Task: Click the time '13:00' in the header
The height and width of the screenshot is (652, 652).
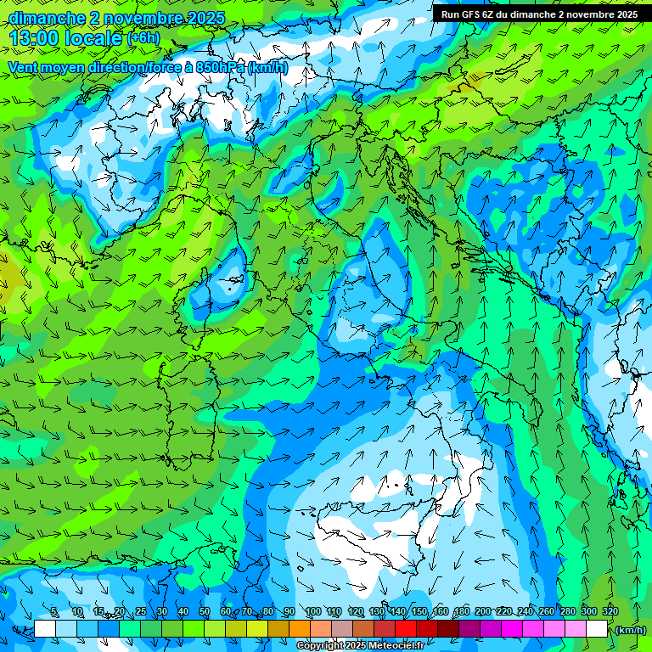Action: point(33,38)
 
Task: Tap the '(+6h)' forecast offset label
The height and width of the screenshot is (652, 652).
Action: point(143,38)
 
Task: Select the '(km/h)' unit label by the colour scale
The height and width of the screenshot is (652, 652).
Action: point(630,630)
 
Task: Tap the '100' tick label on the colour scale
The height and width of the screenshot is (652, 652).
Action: point(312,612)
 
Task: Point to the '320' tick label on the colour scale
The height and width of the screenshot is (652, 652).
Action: point(610,612)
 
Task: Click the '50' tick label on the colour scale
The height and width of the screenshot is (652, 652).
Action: point(205,612)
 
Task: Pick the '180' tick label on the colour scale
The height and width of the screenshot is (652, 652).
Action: point(461,612)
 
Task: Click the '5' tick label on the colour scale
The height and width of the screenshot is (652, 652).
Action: point(53,612)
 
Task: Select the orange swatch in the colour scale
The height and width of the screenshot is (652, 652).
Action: point(300,629)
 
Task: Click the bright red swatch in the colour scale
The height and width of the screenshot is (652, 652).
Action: point(406,629)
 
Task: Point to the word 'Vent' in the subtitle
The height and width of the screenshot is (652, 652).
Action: point(24,68)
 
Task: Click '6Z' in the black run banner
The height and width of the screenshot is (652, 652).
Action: point(493,14)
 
